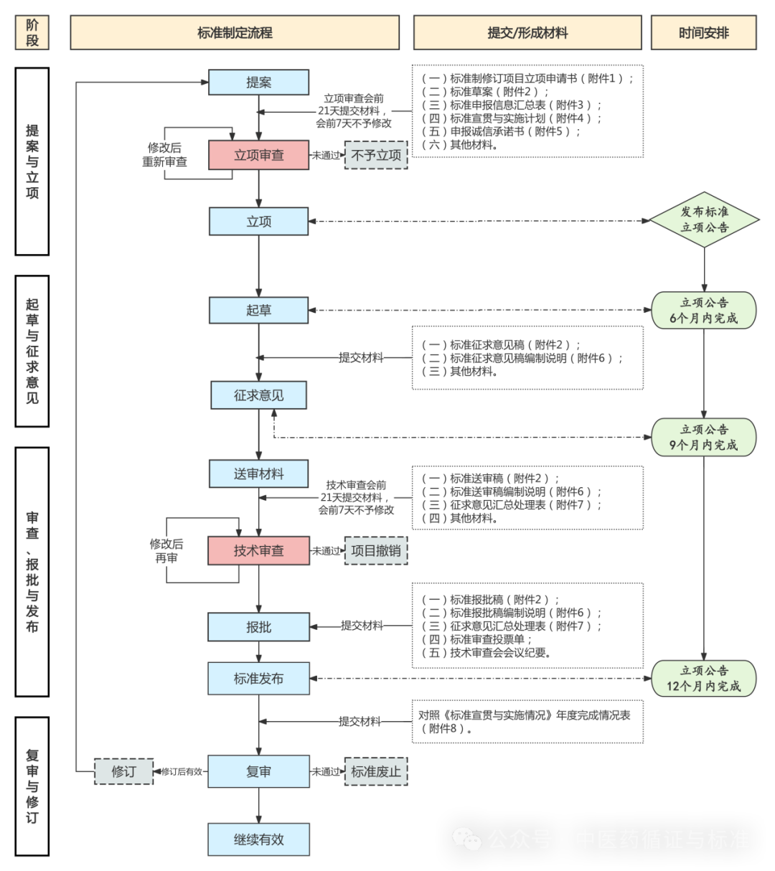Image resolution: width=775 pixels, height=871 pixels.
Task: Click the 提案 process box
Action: tap(258, 82)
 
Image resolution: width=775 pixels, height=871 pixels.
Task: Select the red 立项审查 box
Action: tap(258, 155)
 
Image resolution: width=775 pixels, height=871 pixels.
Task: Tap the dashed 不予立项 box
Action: tap(376, 155)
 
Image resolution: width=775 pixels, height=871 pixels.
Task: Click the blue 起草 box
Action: tap(258, 310)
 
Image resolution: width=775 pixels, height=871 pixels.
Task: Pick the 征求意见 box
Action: tap(258, 395)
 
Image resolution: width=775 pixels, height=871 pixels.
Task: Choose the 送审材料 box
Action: tap(258, 474)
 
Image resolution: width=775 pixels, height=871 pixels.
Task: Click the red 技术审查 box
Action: tap(258, 550)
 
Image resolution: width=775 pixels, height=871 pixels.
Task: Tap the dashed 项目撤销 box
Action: tap(376, 550)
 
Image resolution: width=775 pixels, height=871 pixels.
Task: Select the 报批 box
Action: tap(258, 627)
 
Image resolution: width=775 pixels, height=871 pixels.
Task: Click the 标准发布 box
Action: tap(258, 679)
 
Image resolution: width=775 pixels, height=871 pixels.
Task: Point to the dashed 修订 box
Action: tap(124, 771)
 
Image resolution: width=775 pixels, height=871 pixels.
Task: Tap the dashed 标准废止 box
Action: tap(376, 771)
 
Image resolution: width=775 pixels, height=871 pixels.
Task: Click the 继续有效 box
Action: tap(258, 839)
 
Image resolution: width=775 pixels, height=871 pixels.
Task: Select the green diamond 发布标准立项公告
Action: tap(704, 220)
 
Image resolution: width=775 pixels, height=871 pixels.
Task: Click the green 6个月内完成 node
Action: tap(704, 311)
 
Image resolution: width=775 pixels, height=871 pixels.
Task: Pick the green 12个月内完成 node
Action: tap(704, 679)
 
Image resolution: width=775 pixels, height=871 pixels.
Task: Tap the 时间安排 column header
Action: tap(704, 33)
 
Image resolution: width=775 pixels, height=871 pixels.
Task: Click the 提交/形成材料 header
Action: tap(527, 33)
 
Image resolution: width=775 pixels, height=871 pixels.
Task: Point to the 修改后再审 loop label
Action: tap(166, 551)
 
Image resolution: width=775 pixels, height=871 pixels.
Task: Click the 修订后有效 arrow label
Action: tap(182, 772)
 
